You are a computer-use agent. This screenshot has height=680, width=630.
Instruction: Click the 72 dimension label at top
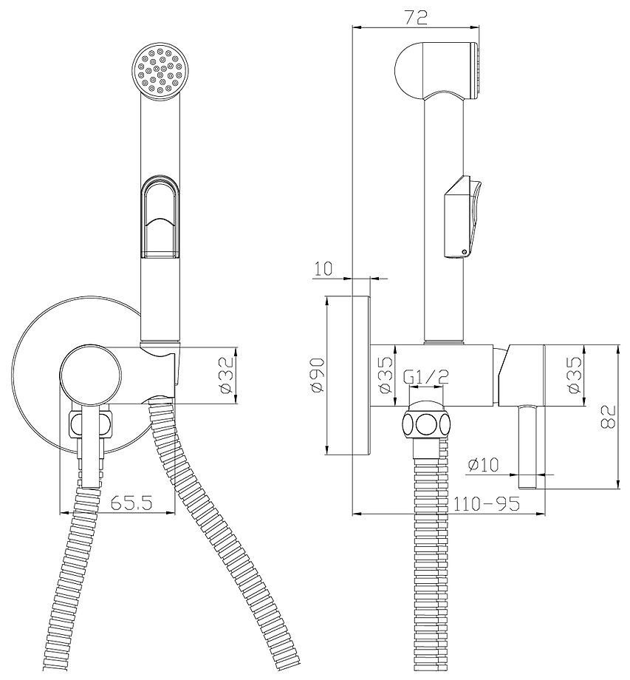tap(416, 17)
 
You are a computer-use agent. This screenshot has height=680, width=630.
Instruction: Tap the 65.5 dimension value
tap(131, 503)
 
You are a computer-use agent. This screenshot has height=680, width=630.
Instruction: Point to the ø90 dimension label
tap(317, 375)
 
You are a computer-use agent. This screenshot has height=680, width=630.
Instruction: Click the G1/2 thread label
tap(425, 377)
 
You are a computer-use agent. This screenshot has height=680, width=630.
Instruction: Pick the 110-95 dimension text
tap(486, 503)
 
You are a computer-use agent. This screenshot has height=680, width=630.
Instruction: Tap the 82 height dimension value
tap(609, 417)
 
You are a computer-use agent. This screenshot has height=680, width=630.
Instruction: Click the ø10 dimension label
tap(483, 465)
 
